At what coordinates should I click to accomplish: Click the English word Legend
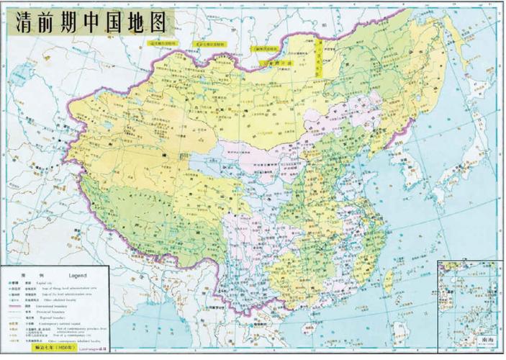click(77, 275)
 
